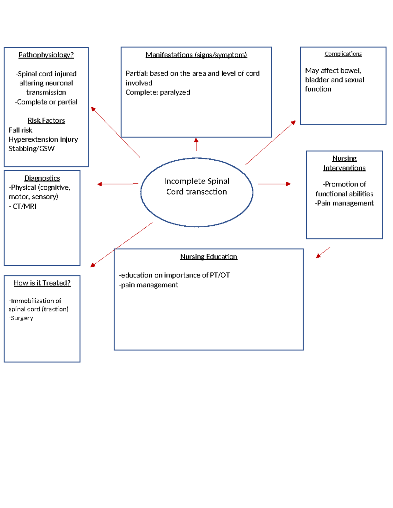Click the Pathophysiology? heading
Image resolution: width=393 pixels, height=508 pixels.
coord(46,55)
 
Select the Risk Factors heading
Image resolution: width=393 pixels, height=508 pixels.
coord(46,121)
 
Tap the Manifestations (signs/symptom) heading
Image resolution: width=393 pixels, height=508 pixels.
coord(196,55)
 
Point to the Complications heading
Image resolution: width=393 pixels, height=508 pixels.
coord(343,54)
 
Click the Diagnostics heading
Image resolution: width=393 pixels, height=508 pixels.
coord(42,178)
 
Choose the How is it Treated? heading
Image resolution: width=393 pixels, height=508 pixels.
coord(42,283)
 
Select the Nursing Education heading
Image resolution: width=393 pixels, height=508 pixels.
coord(208,257)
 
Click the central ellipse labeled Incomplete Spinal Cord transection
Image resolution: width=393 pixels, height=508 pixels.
coord(196,192)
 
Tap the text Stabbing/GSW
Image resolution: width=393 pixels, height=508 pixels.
coord(31,149)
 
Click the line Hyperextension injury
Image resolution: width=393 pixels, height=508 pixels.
coord(43,140)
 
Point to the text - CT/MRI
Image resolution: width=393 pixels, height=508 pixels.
coord(23,206)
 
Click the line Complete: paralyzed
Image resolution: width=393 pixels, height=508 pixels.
coord(158,93)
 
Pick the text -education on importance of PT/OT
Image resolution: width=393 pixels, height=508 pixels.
coord(174,275)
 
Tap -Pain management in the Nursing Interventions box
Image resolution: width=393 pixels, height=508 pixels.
coord(344,203)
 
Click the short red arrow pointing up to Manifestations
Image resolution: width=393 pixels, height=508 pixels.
coord(196,144)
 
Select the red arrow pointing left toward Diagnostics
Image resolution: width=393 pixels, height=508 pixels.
coord(118,184)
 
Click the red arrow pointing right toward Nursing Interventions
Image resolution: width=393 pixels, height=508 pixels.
coord(274,184)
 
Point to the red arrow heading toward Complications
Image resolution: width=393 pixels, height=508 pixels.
coord(271,143)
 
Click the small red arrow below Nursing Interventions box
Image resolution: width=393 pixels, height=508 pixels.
coord(323,253)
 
